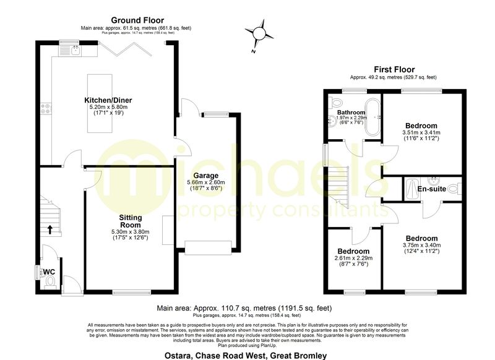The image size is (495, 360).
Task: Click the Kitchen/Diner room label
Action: [108, 100]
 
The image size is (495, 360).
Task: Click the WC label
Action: [49, 271]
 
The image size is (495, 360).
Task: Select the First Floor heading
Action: [394, 69]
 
